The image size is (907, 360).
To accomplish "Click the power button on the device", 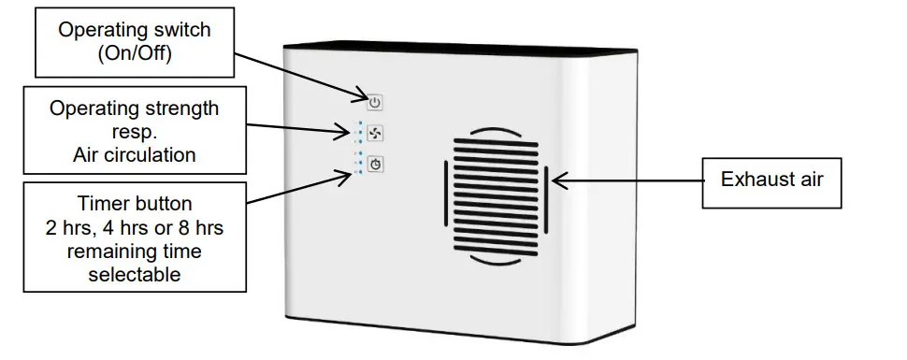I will click(374, 102).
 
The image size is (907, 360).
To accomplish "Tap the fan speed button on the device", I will click(374, 133).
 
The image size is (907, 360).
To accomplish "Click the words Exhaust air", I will click(771, 179).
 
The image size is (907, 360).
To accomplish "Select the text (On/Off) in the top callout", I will click(135, 53).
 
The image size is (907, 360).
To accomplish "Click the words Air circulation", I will click(134, 155).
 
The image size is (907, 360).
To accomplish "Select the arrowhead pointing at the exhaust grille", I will click(559, 179).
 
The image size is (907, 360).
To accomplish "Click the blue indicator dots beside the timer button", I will click(356, 163).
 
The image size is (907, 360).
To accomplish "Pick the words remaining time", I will click(135, 252).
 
